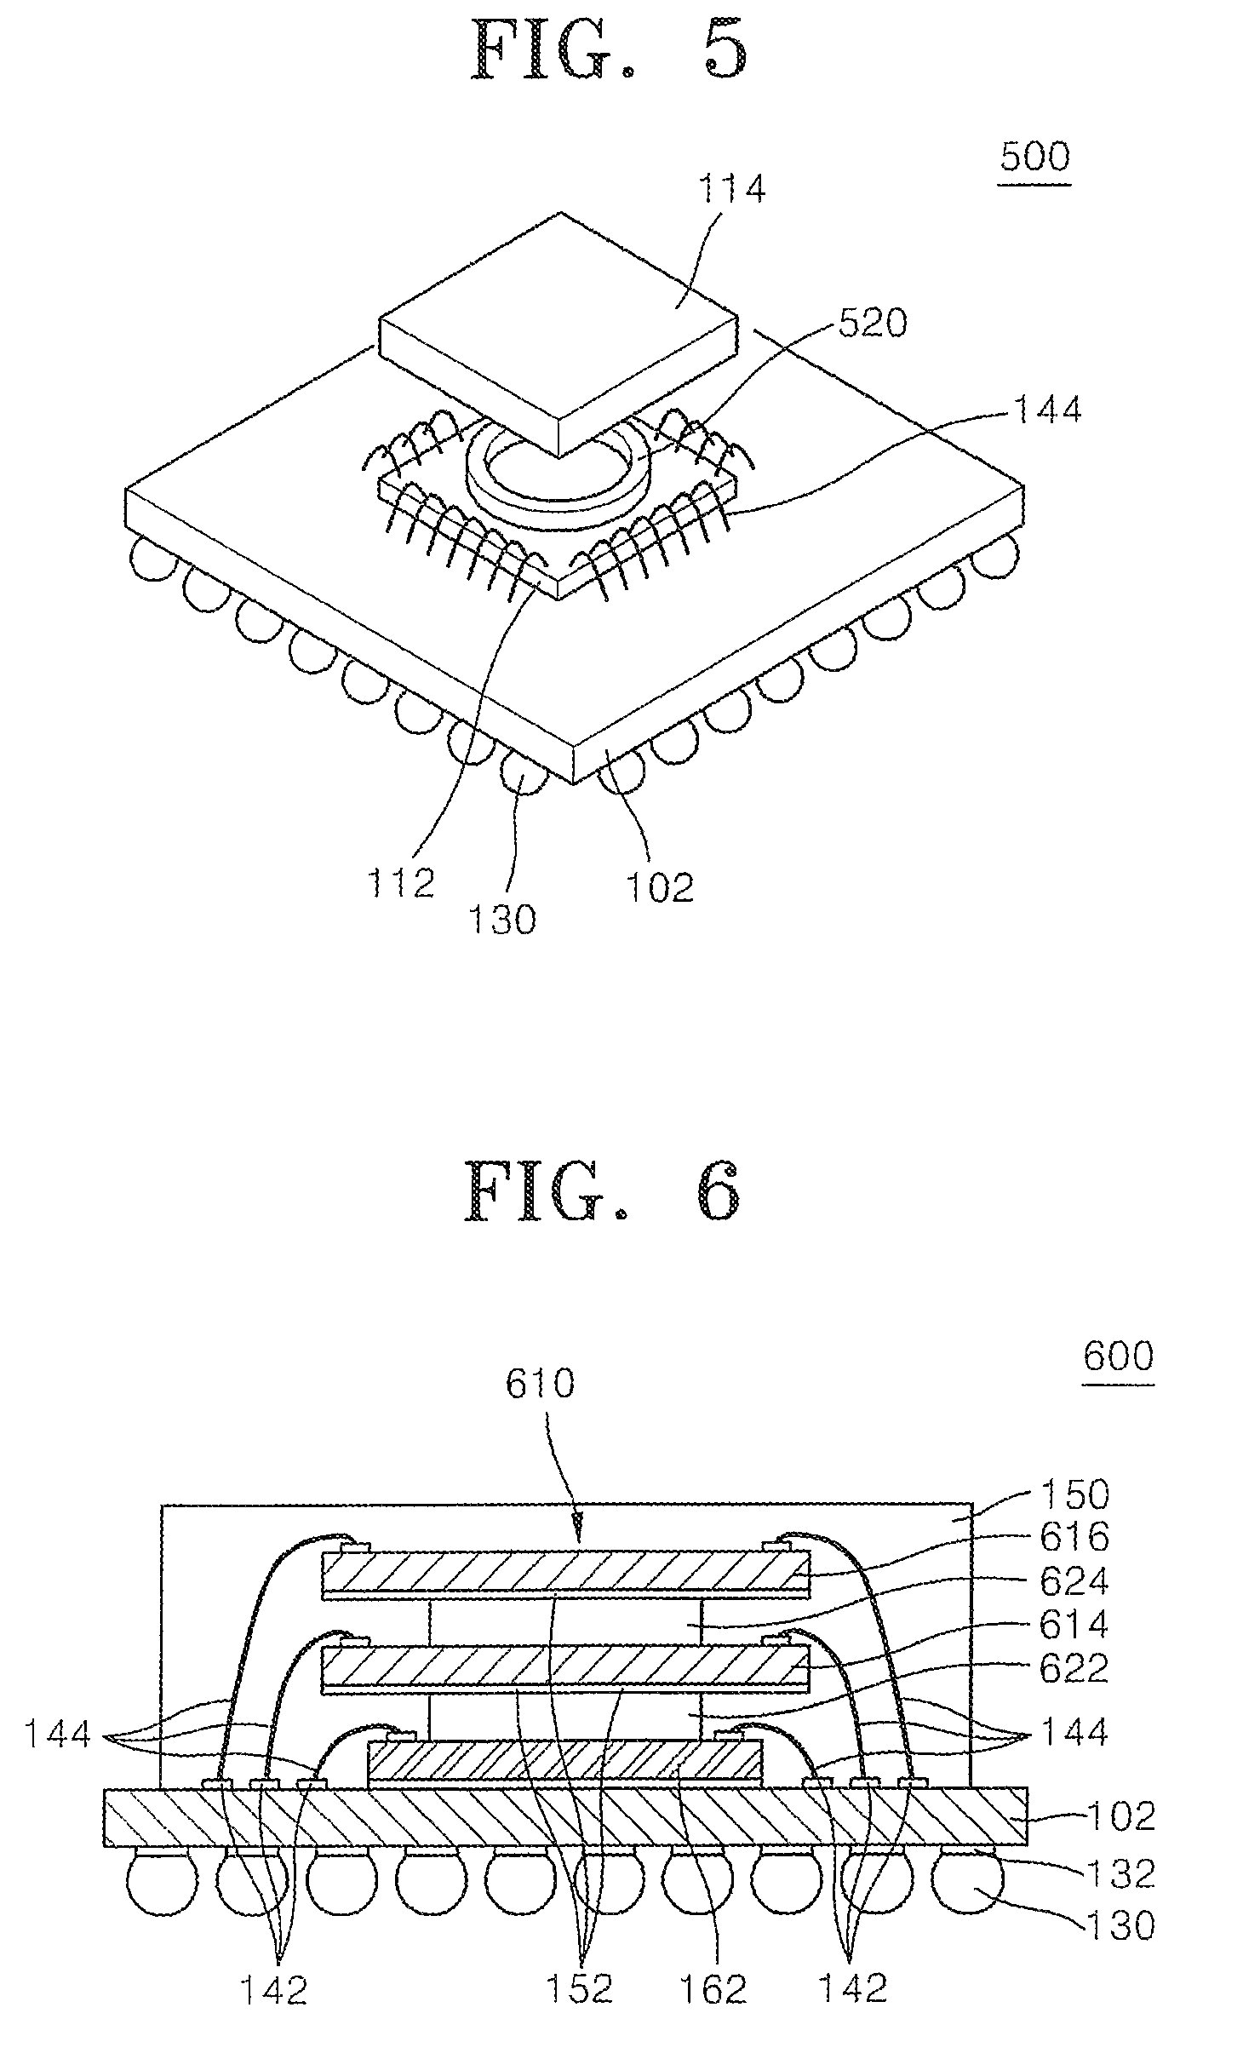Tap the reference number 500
(1035, 157)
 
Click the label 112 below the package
(401, 882)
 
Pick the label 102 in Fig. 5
(660, 888)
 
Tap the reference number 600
(1119, 1355)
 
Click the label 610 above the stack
(540, 1384)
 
